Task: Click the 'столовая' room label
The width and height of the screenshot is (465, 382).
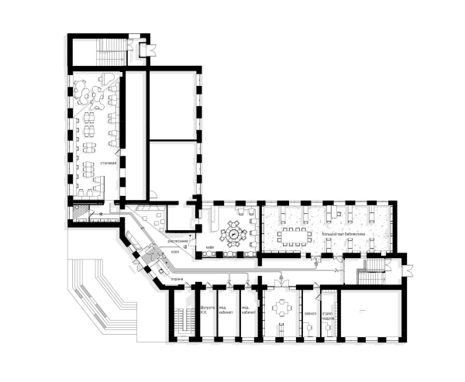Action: (108, 163)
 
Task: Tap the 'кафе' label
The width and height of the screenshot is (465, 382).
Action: (210, 248)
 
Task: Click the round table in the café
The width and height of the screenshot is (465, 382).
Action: (233, 231)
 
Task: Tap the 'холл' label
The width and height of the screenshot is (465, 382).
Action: (176, 251)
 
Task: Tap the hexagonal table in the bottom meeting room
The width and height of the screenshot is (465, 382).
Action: (281, 308)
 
